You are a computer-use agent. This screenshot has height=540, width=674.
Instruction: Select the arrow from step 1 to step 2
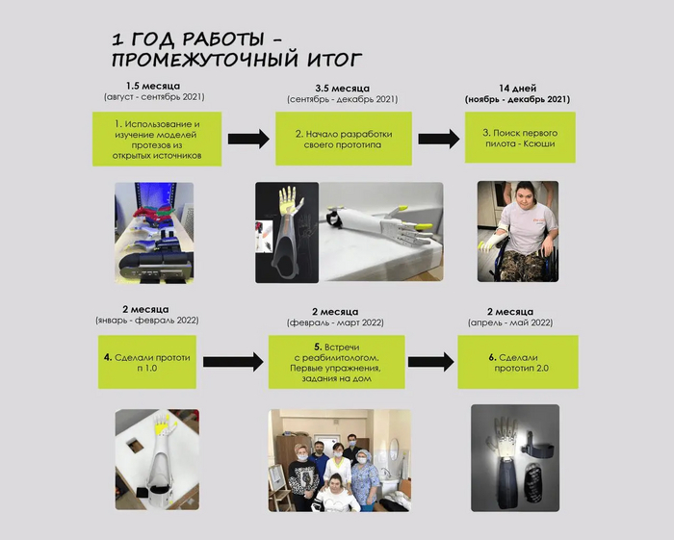248,139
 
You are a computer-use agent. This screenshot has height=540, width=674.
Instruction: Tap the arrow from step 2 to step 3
439,139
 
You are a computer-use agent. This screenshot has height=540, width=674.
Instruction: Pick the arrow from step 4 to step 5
233,362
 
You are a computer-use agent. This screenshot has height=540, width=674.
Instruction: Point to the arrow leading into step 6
430,362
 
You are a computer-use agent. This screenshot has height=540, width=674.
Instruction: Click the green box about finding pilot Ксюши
520,138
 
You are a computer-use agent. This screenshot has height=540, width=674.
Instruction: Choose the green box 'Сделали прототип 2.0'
518,362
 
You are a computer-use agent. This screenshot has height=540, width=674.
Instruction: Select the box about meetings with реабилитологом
337,362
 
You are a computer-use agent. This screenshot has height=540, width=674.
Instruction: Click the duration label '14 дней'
518,89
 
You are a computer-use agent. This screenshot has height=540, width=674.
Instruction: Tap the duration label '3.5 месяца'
342,89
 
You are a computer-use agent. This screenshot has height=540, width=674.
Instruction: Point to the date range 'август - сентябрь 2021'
154,97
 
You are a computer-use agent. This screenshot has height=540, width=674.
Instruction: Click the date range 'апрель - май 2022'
510,322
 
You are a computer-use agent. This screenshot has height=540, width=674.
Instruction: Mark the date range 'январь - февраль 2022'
147,321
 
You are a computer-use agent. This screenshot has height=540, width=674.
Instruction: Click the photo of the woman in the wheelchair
518,232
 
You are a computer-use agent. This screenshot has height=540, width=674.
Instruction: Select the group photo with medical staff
340,460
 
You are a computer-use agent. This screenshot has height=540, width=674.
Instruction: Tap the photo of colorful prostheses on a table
154,233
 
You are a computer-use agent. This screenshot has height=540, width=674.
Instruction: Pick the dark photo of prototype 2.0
515,458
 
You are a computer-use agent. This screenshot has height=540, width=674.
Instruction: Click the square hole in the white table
135,445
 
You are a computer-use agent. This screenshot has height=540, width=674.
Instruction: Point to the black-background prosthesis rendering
287,232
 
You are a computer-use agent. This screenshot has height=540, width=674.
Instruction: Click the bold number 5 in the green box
318,347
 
